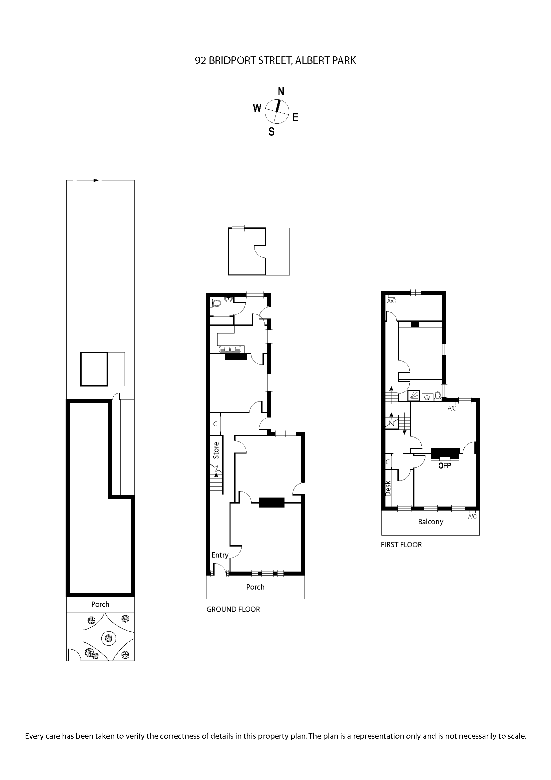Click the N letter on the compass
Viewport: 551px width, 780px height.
pyautogui.click(x=281, y=91)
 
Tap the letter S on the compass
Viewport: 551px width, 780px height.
pyautogui.click(x=272, y=131)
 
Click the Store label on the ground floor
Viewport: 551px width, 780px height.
pyautogui.click(x=216, y=451)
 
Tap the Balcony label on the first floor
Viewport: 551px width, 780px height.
pyautogui.click(x=430, y=522)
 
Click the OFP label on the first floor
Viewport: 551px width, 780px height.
pyautogui.click(x=444, y=466)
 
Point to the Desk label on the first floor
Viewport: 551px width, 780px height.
pyautogui.click(x=388, y=488)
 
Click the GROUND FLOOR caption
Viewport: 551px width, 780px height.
pyautogui.click(x=233, y=610)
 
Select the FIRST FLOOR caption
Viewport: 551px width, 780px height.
pyautogui.click(x=401, y=545)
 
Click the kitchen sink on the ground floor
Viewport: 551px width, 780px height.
pyautogui.click(x=232, y=349)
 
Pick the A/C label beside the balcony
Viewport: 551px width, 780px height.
pyautogui.click(x=472, y=517)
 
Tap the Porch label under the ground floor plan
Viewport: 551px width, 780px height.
pyautogui.click(x=255, y=587)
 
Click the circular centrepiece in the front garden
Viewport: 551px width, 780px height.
pyautogui.click(x=109, y=639)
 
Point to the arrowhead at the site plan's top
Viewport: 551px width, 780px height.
pyautogui.click(x=96, y=180)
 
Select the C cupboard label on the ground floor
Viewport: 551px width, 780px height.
pyautogui.click(x=215, y=424)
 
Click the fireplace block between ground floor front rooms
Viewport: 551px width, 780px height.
pyautogui.click(x=272, y=503)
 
